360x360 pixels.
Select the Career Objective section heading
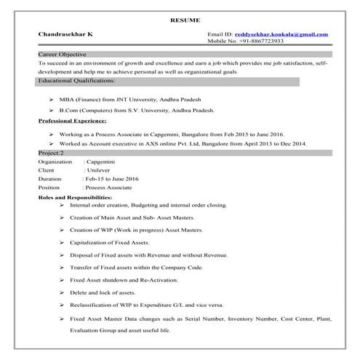62,55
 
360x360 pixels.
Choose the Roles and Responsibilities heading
74,197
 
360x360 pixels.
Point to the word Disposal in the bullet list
83,255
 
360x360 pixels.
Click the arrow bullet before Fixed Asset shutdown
63,280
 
